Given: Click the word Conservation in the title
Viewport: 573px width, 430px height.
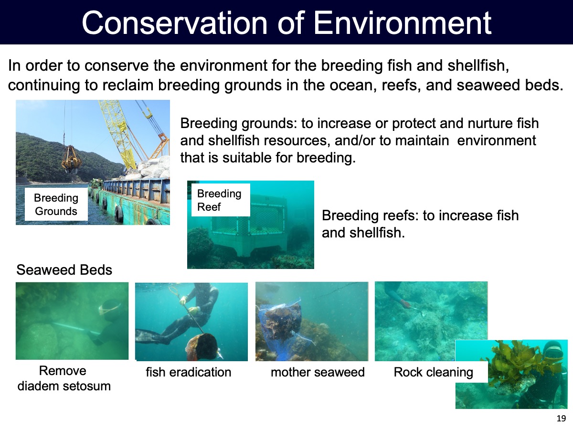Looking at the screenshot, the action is (x=175, y=23).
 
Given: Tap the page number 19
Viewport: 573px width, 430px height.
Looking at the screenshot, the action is (x=561, y=418).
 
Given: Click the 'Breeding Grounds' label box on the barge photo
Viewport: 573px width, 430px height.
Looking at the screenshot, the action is (x=56, y=204).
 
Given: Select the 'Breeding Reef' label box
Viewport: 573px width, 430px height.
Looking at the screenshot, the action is (x=221, y=200).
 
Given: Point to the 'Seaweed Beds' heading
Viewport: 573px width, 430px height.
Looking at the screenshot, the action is (x=64, y=269).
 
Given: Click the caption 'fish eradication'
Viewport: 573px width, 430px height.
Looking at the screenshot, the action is (x=189, y=372).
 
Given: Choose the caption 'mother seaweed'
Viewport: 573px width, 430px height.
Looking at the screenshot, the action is (x=318, y=372).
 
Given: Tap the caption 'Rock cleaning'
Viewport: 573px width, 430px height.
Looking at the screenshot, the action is (x=434, y=372).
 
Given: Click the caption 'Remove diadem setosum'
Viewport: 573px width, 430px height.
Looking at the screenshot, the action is (x=64, y=378).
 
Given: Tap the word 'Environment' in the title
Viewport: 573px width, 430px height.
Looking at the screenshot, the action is (x=403, y=23).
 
